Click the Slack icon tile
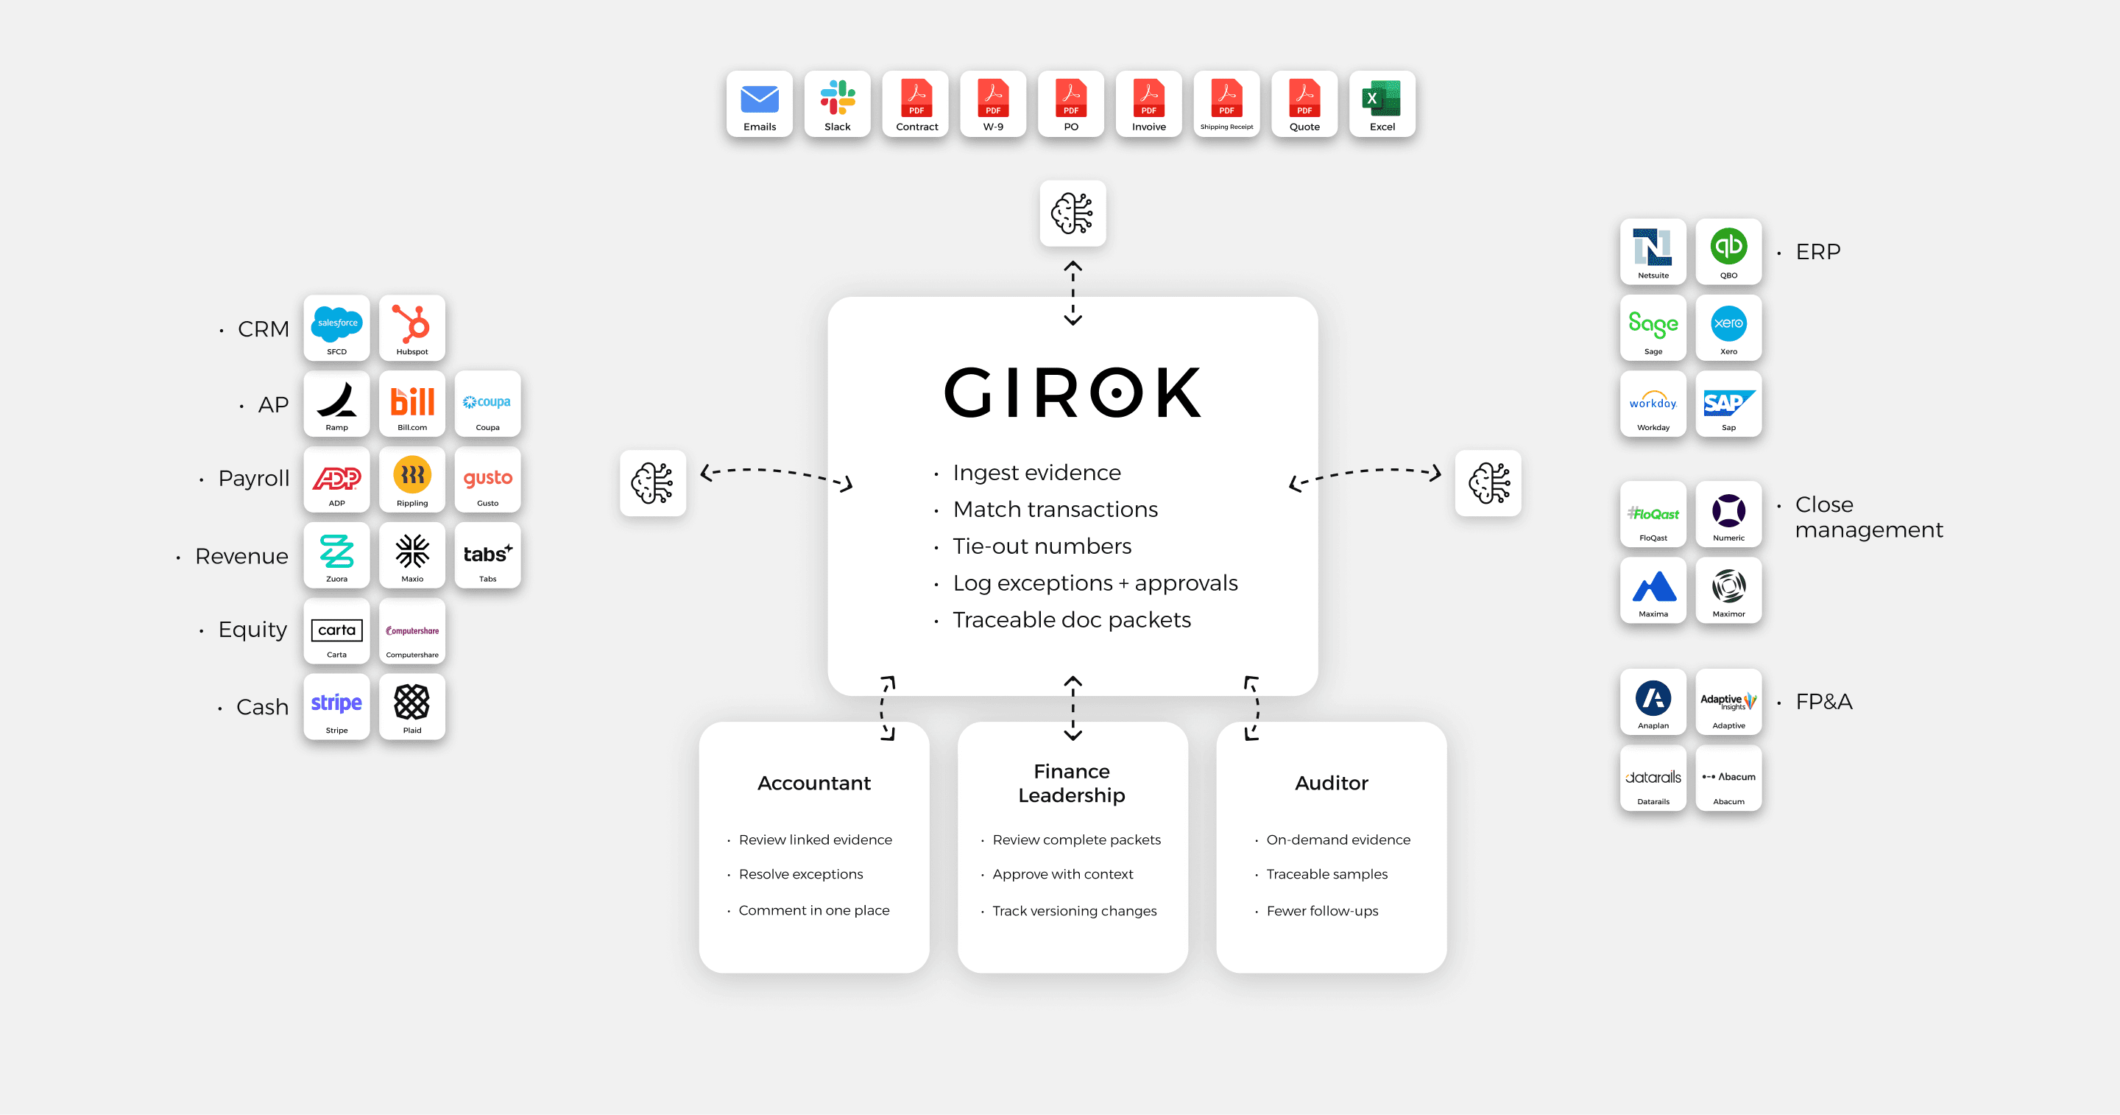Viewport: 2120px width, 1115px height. (x=837, y=104)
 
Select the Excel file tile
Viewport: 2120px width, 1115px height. (x=1382, y=104)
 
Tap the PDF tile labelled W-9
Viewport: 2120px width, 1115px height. (x=992, y=104)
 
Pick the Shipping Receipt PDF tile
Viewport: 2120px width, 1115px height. (x=1226, y=104)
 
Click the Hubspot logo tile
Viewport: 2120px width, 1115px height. (x=411, y=328)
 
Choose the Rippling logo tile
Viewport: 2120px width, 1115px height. (x=411, y=479)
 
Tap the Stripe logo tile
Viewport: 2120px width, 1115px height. (x=336, y=706)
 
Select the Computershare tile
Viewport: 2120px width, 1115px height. (x=411, y=631)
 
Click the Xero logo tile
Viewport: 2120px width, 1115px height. (x=1728, y=328)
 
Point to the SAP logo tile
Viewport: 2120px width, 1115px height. (x=1728, y=404)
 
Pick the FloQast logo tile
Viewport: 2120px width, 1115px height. (x=1653, y=514)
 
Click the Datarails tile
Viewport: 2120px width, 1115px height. (x=1653, y=778)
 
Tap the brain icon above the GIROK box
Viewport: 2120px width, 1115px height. (x=1073, y=214)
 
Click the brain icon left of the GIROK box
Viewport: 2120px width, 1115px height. (x=653, y=483)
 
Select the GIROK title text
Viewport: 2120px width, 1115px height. (x=1073, y=393)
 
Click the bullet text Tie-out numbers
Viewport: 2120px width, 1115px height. (x=1042, y=546)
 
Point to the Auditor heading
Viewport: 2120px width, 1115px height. (x=1331, y=783)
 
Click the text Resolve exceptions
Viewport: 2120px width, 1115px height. (x=801, y=874)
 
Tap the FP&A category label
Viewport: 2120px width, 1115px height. (x=1824, y=702)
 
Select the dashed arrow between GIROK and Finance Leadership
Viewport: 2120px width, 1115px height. (x=1073, y=708)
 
